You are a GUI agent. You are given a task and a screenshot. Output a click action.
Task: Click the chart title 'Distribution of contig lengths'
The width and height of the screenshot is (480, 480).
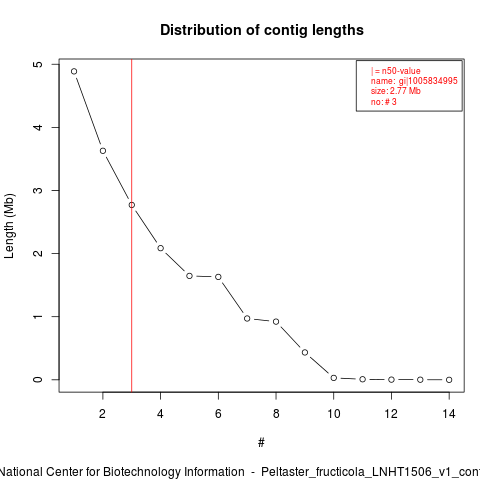click(x=262, y=30)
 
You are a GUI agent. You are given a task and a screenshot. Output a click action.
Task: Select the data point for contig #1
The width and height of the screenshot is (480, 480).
click(x=74, y=71)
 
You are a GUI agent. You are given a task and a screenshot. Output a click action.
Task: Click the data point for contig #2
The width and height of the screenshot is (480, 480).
click(x=103, y=151)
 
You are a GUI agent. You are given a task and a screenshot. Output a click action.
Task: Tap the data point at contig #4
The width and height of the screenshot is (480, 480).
click(x=161, y=248)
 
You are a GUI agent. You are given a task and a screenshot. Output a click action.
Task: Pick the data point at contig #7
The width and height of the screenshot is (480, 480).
click(x=247, y=318)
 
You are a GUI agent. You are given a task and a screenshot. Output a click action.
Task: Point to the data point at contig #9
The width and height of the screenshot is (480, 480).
click(x=305, y=352)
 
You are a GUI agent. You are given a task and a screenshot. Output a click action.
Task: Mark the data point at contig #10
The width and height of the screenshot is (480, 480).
click(x=334, y=378)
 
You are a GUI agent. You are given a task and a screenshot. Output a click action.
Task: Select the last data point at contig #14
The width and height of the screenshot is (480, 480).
click(x=449, y=380)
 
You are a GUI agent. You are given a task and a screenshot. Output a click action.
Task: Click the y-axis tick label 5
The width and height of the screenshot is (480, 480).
click(x=39, y=64)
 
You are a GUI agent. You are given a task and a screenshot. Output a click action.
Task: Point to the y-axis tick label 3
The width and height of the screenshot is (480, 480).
click(x=39, y=190)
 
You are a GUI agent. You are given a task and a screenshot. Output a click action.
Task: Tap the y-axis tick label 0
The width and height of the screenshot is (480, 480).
click(x=39, y=379)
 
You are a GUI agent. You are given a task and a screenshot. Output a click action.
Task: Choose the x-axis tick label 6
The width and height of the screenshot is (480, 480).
click(x=218, y=414)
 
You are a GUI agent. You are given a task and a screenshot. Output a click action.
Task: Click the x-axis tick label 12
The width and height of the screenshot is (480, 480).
click(x=391, y=414)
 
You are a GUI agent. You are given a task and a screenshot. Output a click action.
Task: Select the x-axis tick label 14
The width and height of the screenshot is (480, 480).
click(x=449, y=414)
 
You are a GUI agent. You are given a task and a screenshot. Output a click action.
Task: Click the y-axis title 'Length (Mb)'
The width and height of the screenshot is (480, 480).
click(x=9, y=226)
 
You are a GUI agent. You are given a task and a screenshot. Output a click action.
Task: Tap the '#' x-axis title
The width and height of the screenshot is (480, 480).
click(x=261, y=443)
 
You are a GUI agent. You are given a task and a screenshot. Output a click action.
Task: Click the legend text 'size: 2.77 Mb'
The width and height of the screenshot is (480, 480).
click(x=396, y=91)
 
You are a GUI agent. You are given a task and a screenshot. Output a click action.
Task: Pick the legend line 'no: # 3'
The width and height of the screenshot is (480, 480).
click(x=384, y=102)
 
